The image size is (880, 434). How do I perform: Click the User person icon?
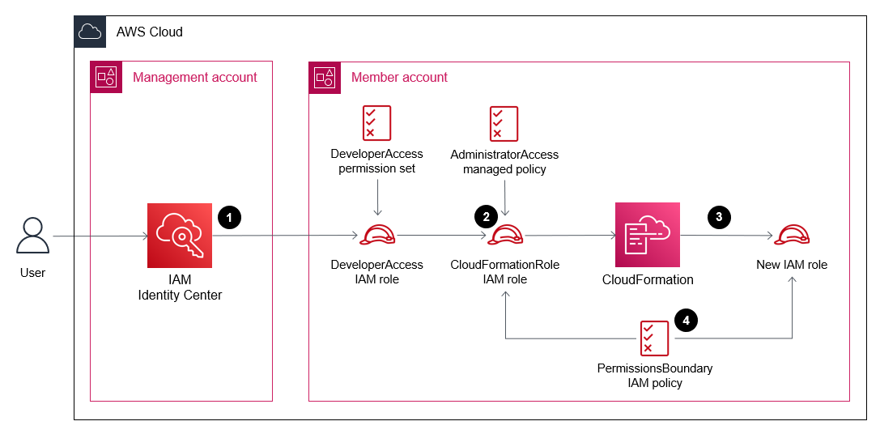32,236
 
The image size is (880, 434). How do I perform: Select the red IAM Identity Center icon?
180,236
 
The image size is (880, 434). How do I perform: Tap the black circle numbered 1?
229,217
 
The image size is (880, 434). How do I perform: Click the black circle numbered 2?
486,217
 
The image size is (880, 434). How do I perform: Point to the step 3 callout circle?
718,217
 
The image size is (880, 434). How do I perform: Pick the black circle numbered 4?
687,321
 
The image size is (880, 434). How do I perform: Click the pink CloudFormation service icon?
648,236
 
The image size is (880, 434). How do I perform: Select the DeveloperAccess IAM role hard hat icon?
377,236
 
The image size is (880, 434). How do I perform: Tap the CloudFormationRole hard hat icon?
505,236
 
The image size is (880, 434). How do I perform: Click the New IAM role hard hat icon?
792,236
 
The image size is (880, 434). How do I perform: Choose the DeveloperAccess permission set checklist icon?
376,123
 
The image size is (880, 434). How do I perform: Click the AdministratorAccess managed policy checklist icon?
504,124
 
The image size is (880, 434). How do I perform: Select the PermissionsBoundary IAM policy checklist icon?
654,338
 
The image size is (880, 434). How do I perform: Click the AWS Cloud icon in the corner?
90,32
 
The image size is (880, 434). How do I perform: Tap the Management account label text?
194,78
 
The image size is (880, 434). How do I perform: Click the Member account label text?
399,78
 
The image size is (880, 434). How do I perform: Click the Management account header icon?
106,78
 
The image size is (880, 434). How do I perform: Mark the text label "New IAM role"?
792,265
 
